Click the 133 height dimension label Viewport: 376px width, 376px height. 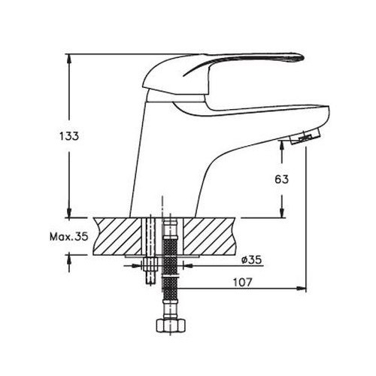[x=69, y=136]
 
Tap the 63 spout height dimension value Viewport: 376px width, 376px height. [x=282, y=179]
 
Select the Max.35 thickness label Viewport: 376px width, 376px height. [x=69, y=236]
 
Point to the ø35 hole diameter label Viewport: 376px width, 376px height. [x=251, y=259]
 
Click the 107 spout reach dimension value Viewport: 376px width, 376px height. [x=242, y=283]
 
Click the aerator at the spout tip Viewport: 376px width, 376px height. [x=305, y=136]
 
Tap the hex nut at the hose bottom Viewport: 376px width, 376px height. [x=170, y=326]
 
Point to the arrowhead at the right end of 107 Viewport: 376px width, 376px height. [x=302, y=289]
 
